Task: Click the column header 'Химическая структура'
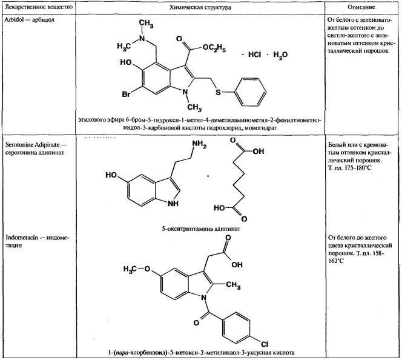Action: pyautogui.click(x=200, y=7)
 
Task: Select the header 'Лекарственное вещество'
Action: pyautogui.click(x=39, y=7)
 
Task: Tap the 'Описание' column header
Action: pyautogui.click(x=361, y=7)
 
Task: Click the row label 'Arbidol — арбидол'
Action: pyautogui.click(x=30, y=19)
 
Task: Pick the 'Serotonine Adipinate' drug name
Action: pyautogui.click(x=33, y=145)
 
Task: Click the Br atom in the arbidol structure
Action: pyautogui.click(x=126, y=95)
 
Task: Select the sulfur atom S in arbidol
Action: pyautogui.click(x=218, y=92)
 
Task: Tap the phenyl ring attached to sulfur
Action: pyautogui.click(x=251, y=92)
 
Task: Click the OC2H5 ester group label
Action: pyautogui.click(x=214, y=48)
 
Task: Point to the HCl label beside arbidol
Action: pyautogui.click(x=254, y=55)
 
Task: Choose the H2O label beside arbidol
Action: pyautogui.click(x=280, y=55)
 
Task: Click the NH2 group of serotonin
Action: pyautogui.click(x=199, y=144)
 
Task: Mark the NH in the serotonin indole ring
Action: pyautogui.click(x=173, y=204)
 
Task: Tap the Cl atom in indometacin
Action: pyautogui.click(x=265, y=344)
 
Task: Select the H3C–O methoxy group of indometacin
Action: pyautogui.click(x=137, y=269)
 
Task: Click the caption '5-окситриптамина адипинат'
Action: pyautogui.click(x=201, y=229)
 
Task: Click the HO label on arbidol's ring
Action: pyautogui.click(x=126, y=62)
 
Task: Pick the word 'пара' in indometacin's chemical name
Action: pyautogui.click(x=122, y=353)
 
